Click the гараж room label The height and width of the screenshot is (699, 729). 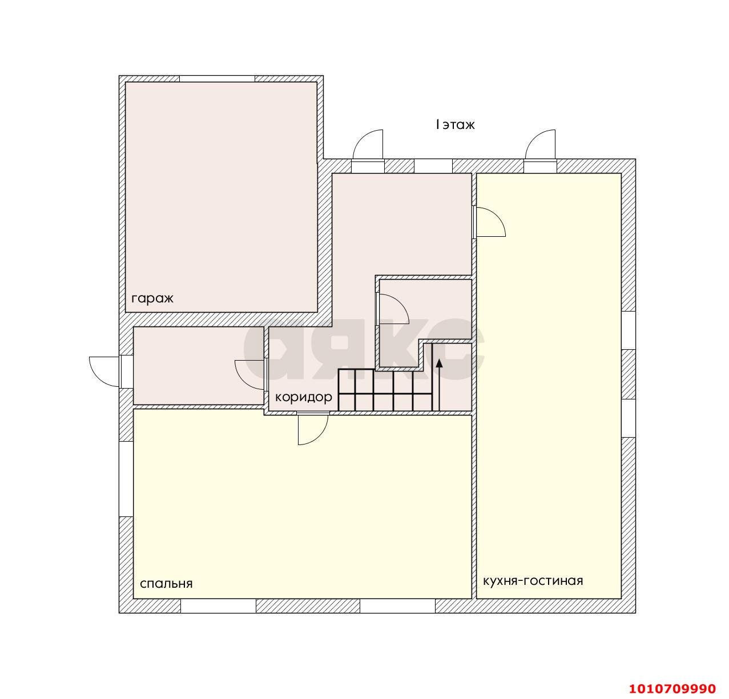coord(152,299)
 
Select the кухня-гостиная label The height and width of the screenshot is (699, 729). coord(533,581)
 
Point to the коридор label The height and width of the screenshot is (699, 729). coord(304,397)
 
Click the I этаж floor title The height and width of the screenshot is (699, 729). coord(455,124)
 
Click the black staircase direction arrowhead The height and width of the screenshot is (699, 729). coord(440,362)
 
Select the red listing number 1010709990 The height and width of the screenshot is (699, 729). coord(672,688)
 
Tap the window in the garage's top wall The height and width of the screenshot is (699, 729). coord(217,79)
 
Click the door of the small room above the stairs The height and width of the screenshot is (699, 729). coord(393,309)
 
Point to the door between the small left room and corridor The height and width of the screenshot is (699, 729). coord(251,374)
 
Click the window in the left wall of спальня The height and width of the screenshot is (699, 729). coord(126,479)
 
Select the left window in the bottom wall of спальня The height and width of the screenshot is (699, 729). coord(219,606)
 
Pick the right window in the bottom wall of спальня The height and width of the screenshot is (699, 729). coord(397,606)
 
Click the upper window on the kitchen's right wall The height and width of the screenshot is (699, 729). coord(629,330)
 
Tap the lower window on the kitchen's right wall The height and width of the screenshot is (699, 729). coord(629,418)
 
